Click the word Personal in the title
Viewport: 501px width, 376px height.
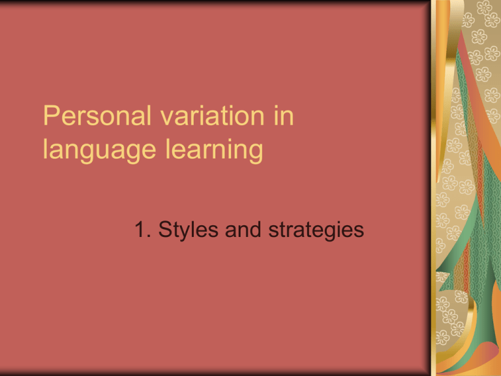pos(97,115)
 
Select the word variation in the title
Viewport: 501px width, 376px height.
pos(212,115)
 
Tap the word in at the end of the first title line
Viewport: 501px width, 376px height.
pos(283,115)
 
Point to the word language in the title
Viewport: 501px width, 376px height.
pos(99,149)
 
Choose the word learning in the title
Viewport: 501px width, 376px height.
pos(214,149)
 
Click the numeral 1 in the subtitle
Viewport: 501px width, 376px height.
pos(140,229)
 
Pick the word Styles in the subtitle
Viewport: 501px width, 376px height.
pos(188,230)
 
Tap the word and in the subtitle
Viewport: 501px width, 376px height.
pos(243,229)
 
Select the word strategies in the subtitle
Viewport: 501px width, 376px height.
pos(316,230)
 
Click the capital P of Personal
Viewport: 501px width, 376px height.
pos(52,116)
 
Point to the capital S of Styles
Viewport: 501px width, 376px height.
pos(166,229)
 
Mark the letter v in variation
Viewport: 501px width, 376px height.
pos(167,118)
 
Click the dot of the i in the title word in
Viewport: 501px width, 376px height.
pos(275,106)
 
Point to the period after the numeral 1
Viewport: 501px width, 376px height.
pos(149,236)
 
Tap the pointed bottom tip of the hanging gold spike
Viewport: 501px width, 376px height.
pos(438,182)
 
